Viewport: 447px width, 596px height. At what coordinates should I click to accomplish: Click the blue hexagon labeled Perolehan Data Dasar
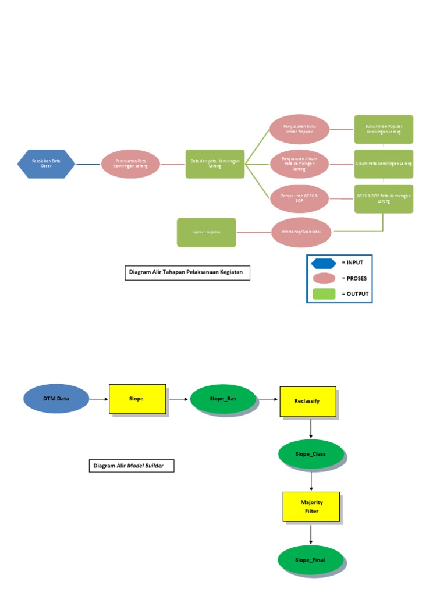(46, 164)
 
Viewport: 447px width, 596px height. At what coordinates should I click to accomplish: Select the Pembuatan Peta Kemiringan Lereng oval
(130, 164)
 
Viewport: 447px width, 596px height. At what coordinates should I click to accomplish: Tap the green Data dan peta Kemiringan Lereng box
(215, 164)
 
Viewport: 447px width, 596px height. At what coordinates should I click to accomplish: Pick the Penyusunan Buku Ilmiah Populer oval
(300, 129)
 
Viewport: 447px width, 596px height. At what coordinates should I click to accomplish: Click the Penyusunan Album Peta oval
(300, 164)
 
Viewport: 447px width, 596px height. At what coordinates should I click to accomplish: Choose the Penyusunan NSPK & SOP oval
(300, 199)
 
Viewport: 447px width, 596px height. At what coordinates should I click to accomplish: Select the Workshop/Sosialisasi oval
(301, 232)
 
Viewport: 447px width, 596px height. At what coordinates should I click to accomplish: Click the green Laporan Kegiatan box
(207, 232)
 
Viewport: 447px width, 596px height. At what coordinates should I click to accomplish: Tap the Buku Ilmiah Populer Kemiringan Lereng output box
(384, 129)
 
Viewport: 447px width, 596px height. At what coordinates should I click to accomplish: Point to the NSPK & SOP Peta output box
(384, 199)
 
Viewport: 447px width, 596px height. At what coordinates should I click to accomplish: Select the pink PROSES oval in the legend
(324, 278)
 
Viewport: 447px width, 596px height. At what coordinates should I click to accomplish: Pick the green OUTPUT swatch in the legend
(324, 294)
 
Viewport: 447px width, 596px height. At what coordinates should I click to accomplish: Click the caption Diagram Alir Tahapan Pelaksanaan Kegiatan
(187, 273)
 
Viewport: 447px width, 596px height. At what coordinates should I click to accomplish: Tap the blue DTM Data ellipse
(56, 399)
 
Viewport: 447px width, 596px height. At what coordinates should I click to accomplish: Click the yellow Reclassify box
(307, 401)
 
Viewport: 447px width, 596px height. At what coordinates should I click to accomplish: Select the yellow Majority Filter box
(311, 506)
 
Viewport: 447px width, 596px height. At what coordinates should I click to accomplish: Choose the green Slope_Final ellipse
(310, 560)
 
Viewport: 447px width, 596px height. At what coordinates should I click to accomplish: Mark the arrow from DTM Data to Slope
(99, 399)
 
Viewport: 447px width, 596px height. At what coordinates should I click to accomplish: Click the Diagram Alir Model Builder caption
(132, 466)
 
